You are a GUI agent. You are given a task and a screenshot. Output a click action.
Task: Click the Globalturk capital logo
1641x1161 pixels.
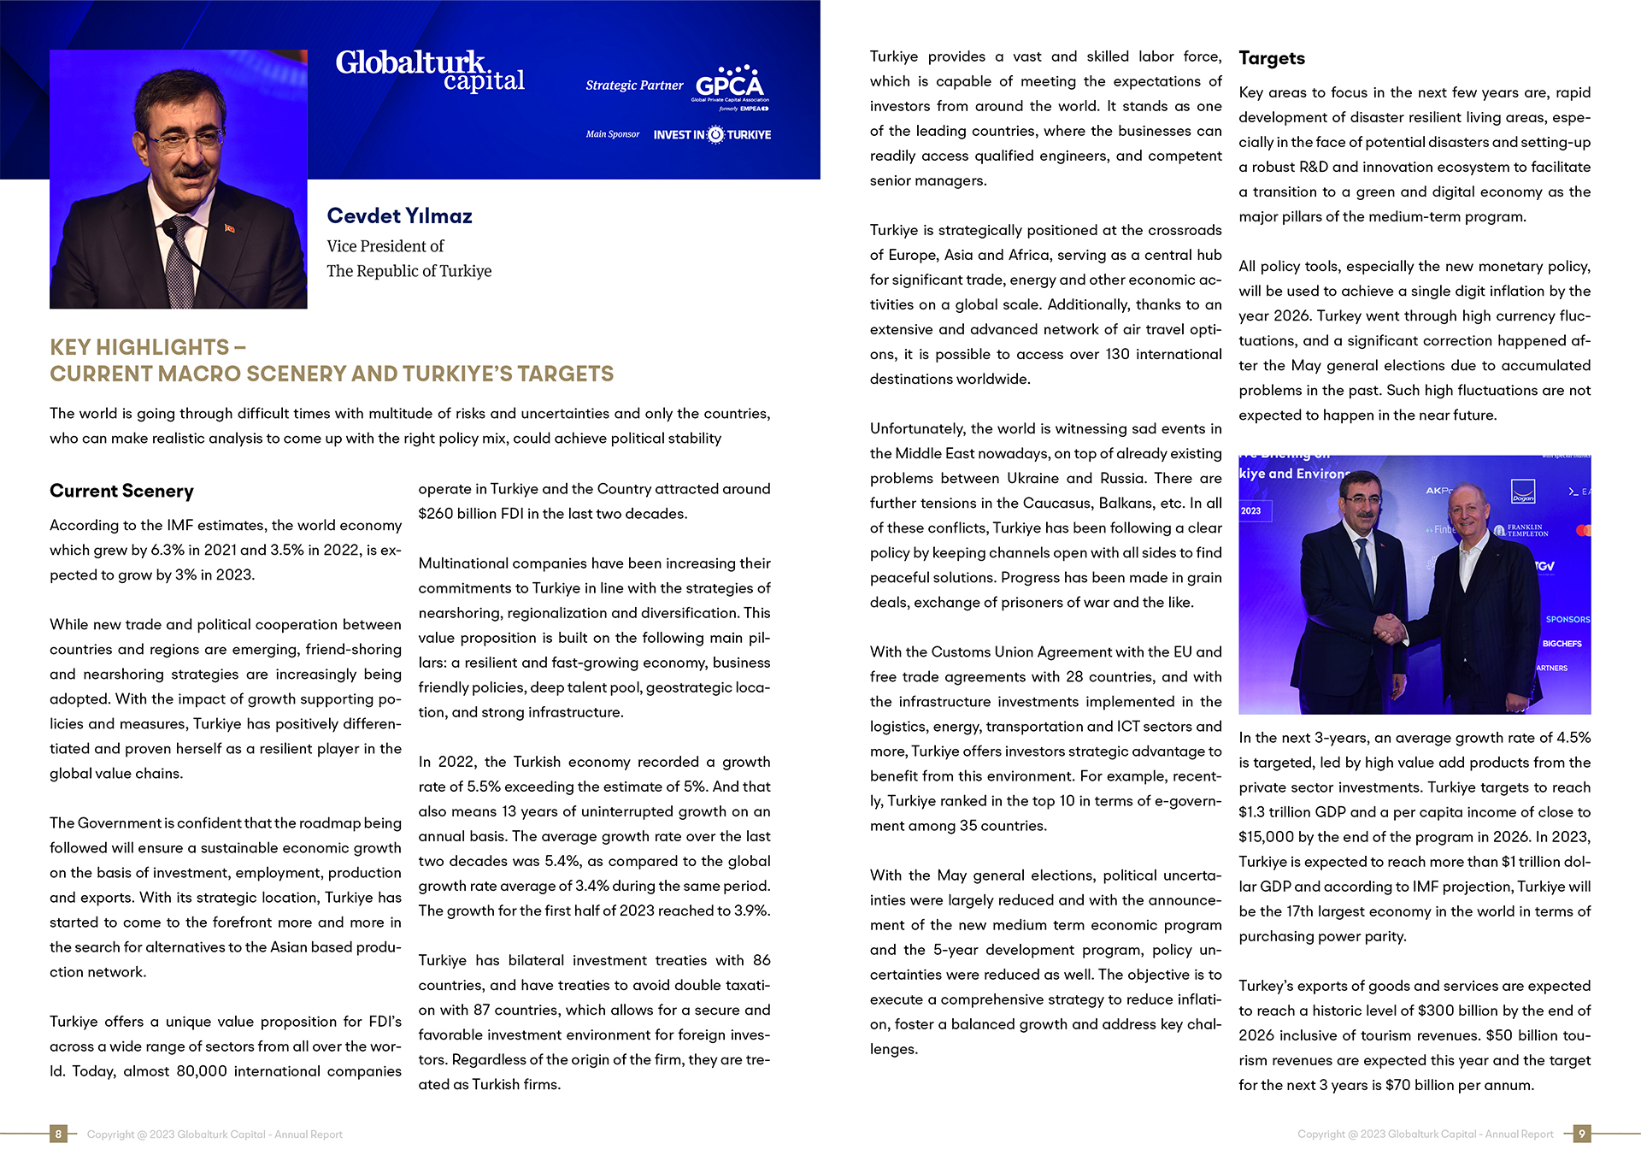pyautogui.click(x=429, y=70)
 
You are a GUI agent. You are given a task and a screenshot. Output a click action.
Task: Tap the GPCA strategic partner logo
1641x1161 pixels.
pyautogui.click(x=731, y=85)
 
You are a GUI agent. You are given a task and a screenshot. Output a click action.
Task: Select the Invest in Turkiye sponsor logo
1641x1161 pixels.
pyautogui.click(x=712, y=135)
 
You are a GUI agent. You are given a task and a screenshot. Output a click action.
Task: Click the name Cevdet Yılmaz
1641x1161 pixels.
pyautogui.click(x=399, y=216)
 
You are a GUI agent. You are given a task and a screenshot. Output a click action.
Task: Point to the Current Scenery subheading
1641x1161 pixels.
pyautogui.click(x=121, y=491)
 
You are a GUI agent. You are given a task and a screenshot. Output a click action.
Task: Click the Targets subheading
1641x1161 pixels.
pyautogui.click(x=1271, y=58)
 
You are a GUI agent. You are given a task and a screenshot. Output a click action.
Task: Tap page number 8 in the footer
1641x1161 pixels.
pyautogui.click(x=58, y=1134)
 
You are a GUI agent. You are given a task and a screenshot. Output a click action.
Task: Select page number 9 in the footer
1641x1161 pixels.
pyautogui.click(x=1582, y=1134)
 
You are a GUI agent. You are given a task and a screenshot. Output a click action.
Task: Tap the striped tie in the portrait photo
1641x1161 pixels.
pyautogui.click(x=180, y=265)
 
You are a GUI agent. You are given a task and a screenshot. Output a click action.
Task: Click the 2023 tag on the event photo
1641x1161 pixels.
pyautogui.click(x=1250, y=511)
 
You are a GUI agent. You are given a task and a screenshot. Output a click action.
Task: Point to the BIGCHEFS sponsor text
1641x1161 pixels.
pyautogui.click(x=1562, y=644)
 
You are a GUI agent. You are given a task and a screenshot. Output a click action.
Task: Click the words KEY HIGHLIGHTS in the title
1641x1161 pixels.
pyautogui.click(x=139, y=347)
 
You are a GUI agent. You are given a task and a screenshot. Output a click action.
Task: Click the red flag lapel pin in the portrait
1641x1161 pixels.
pyautogui.click(x=229, y=227)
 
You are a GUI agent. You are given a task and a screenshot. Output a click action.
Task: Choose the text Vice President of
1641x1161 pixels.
pyautogui.click(x=385, y=246)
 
